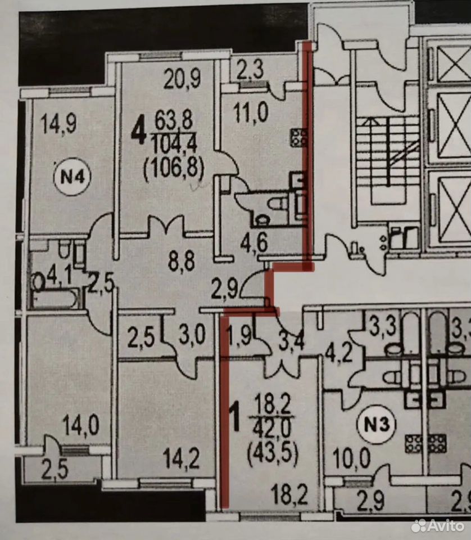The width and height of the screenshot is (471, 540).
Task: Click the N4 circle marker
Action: click(72, 177)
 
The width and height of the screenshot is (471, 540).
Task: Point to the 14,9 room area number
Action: click(58, 124)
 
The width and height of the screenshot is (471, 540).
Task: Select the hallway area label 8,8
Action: click(182, 261)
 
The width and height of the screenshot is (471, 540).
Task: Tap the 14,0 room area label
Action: click(81, 425)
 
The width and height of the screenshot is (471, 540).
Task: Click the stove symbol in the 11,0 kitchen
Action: click(298, 137)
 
